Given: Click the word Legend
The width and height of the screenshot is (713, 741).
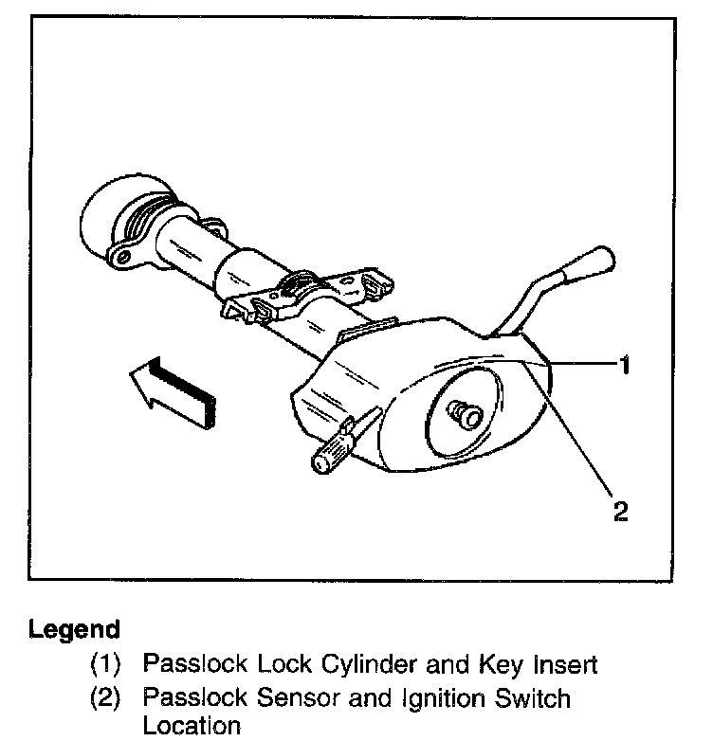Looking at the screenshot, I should [75, 629].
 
